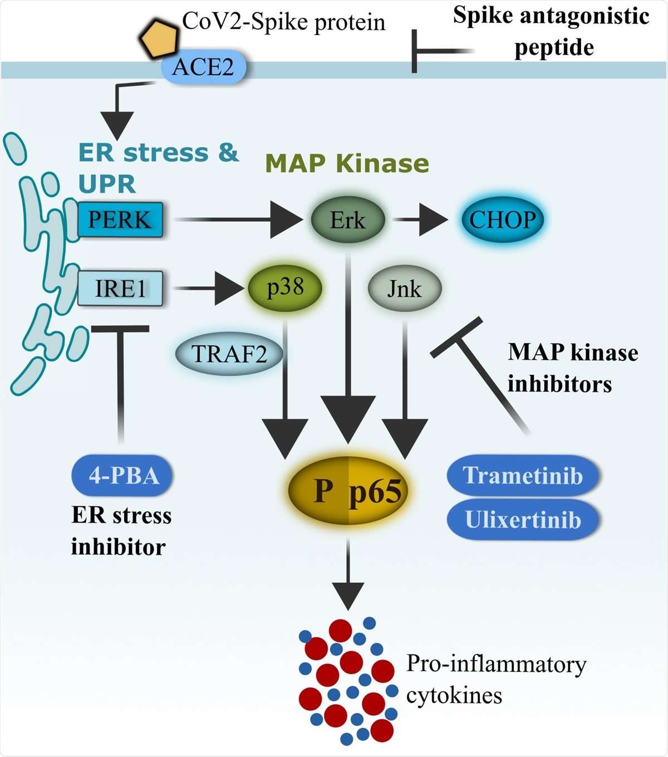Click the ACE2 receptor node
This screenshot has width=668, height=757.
click(x=203, y=67)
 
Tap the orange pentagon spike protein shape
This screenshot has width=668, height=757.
click(x=159, y=39)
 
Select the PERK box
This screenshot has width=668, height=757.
click(x=120, y=220)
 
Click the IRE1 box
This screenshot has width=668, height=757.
click(x=120, y=289)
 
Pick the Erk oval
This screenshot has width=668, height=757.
click(x=348, y=220)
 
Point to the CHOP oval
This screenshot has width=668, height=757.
click(x=502, y=219)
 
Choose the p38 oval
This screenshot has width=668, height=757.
click(x=285, y=287)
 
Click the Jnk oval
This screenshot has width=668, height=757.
click(x=405, y=289)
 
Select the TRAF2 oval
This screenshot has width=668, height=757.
click(x=229, y=354)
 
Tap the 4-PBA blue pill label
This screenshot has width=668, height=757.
click(x=122, y=476)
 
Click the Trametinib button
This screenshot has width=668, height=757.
click(x=523, y=476)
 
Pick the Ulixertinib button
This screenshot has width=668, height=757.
click(x=523, y=520)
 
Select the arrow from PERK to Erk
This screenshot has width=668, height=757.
click(x=239, y=220)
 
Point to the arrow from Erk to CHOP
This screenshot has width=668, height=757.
click(x=420, y=220)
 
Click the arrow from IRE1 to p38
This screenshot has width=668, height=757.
click(x=209, y=289)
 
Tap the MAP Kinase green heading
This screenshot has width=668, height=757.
click(x=347, y=163)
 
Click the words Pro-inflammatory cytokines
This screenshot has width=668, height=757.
click(x=495, y=679)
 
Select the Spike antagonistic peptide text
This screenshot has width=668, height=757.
click(x=551, y=31)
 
